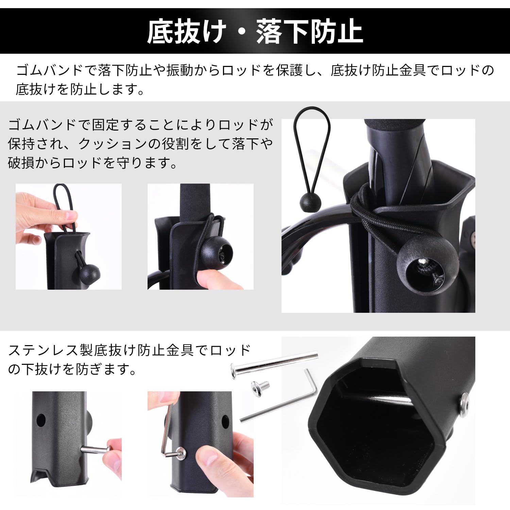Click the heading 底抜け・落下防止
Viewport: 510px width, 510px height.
point(255,32)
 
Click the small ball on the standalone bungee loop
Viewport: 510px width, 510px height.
point(310,202)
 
